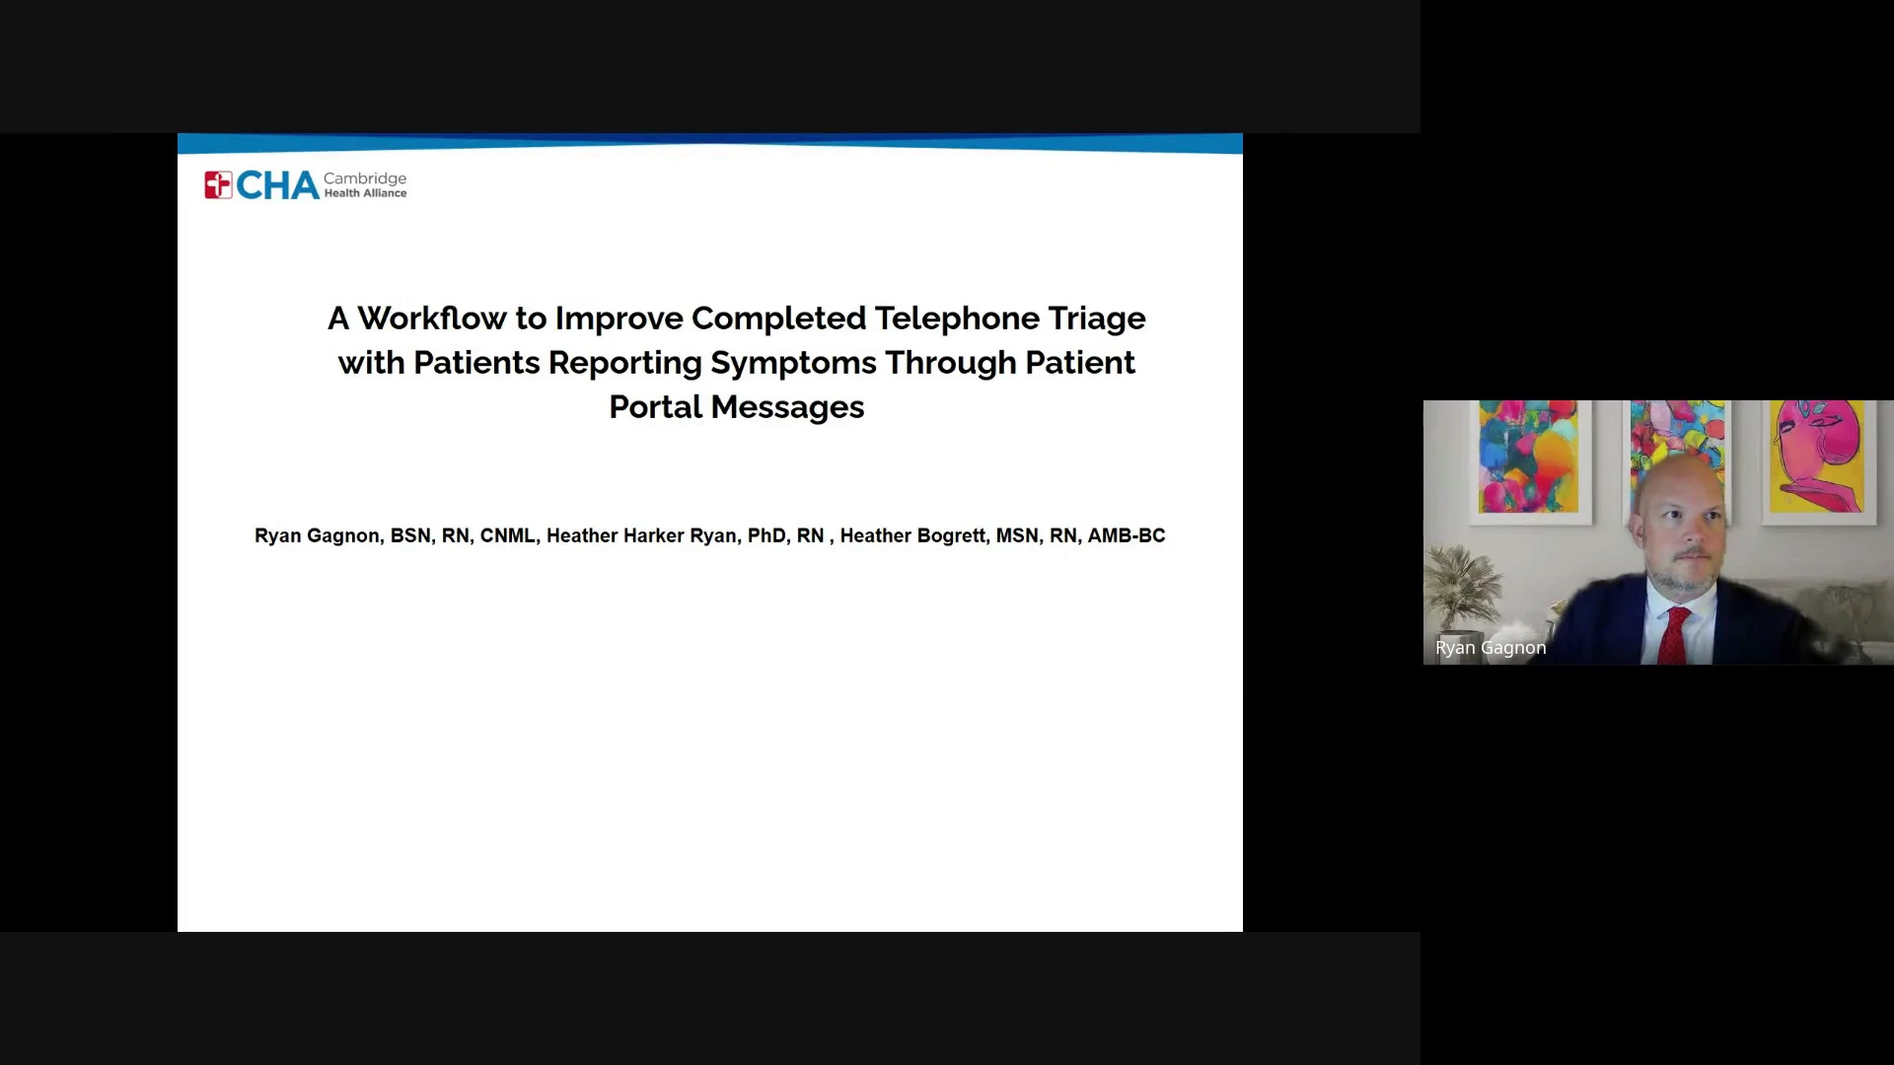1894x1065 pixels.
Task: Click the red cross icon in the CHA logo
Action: [218, 184]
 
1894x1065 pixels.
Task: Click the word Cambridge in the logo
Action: [365, 178]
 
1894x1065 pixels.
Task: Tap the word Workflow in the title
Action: [432, 319]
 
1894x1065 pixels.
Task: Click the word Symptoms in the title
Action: [793, 364]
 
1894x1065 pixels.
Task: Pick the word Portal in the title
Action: [655, 407]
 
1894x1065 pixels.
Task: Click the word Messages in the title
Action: [787, 408]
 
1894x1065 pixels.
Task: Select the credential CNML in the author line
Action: [507, 535]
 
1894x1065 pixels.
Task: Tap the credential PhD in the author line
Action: [766, 535]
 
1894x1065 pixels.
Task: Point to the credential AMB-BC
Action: [1127, 535]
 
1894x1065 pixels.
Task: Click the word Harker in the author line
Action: [653, 535]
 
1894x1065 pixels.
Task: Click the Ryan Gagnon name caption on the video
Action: [1491, 648]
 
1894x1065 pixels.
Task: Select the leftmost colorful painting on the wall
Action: [1528, 457]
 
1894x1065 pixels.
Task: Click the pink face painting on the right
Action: [1818, 457]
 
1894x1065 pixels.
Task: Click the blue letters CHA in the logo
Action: [277, 185]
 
